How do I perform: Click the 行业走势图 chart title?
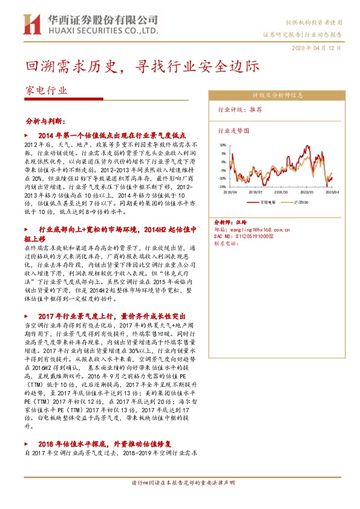point(233,130)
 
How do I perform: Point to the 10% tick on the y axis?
point(222,145)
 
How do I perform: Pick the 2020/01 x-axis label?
point(308,192)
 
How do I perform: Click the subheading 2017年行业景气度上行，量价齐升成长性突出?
point(119,316)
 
